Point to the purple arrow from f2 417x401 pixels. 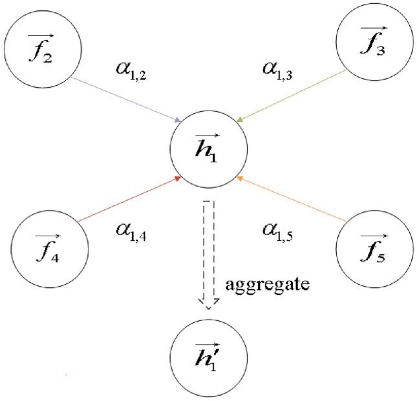[x=126, y=99]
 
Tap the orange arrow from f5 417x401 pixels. [x=290, y=200]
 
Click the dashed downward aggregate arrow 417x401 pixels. [x=208, y=252]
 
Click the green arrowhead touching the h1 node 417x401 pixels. [x=240, y=119]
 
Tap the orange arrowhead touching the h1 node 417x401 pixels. [x=240, y=177]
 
